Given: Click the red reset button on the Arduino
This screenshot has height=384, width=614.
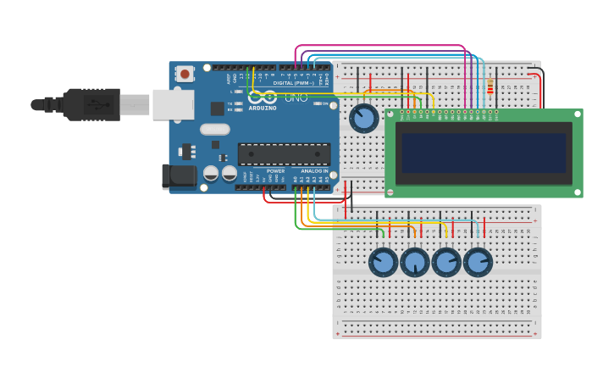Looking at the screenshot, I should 184,74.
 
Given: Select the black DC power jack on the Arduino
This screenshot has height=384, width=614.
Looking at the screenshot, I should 179,175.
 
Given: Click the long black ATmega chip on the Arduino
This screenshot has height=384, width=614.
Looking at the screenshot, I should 284,154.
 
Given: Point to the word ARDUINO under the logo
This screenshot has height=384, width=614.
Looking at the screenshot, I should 263,109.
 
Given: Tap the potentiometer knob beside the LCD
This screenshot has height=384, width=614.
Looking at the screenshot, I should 364,119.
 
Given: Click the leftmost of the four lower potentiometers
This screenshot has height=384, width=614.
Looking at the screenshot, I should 383,262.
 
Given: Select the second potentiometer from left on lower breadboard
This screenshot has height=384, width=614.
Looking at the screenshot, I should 414,262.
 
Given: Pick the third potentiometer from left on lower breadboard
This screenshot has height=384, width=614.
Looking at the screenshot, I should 446,262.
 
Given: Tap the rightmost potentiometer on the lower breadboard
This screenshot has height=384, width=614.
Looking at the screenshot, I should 478,262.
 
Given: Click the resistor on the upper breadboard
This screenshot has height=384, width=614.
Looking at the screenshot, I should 490,86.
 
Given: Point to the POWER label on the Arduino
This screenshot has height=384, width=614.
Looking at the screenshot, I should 276,171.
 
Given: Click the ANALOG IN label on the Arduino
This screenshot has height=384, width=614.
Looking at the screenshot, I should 314,171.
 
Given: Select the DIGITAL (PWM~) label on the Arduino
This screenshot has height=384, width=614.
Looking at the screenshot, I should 293,83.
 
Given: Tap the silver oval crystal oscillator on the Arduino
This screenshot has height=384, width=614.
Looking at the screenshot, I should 215,130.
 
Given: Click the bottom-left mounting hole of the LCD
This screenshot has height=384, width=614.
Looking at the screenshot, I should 391,192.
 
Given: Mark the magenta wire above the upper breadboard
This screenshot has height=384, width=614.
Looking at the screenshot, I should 381,46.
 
